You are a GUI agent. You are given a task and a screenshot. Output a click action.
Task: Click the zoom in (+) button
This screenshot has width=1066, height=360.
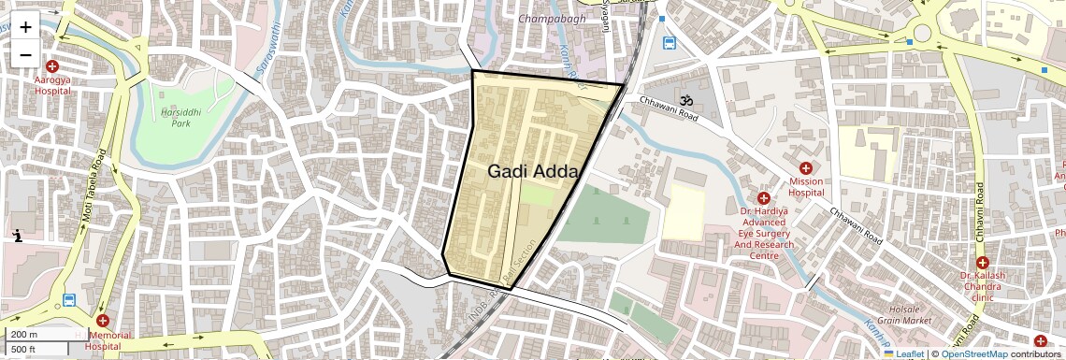(x=25, y=27)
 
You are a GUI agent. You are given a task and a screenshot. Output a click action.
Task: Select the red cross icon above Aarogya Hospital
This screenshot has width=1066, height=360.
(x=52, y=66)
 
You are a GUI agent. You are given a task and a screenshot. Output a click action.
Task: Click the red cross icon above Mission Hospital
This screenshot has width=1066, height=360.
(x=806, y=167)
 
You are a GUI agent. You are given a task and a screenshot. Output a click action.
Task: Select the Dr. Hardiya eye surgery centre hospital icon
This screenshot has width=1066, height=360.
(x=763, y=198)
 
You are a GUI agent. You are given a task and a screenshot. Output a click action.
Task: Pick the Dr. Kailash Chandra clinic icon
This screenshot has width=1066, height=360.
(x=982, y=263)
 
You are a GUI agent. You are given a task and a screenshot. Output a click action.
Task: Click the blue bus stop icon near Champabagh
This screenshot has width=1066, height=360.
(x=670, y=43)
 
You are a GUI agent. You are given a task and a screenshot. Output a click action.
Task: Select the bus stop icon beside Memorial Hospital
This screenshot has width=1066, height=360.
(x=69, y=300)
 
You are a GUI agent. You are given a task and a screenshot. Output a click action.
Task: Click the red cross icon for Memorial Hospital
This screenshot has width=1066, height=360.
(x=103, y=321)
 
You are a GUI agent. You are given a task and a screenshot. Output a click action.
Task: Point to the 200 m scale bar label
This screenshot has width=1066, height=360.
(x=25, y=334)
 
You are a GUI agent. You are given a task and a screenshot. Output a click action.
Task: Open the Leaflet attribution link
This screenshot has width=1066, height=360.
(x=903, y=354)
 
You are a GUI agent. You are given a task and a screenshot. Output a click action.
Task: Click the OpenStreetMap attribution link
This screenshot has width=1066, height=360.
(x=973, y=354)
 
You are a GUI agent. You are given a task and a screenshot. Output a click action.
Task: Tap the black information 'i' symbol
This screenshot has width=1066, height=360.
(x=18, y=236)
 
